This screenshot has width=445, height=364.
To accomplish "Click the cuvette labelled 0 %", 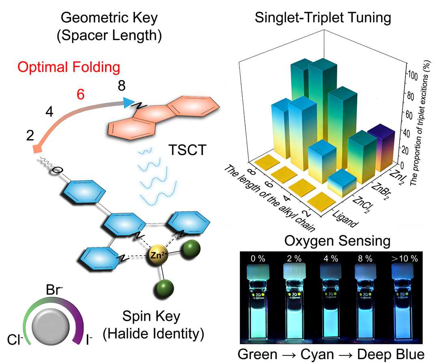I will (257, 307).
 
